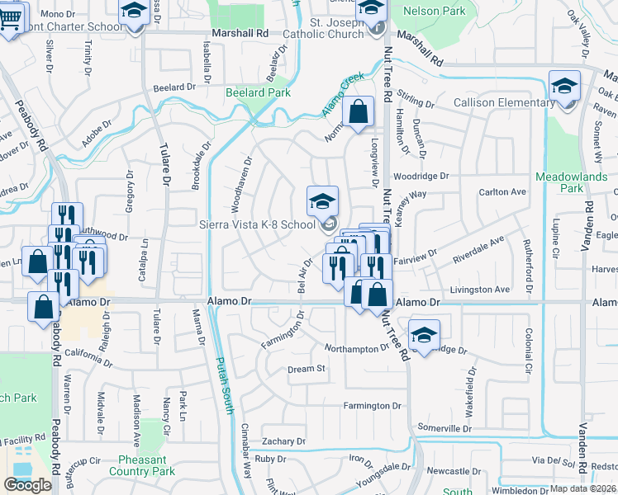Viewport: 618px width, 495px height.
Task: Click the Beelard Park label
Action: pos(258,93)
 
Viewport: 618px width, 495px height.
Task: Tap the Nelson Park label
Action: pos(434,12)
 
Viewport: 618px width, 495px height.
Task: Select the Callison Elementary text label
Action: pos(504,102)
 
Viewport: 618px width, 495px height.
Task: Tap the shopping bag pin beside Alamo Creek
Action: pos(358,113)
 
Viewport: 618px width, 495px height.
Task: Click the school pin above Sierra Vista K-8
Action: pos(322,200)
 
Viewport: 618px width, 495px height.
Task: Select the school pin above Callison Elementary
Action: pos(564,86)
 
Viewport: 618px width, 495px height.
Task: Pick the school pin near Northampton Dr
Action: pos(424,334)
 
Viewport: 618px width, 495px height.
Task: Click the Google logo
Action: pos(27,484)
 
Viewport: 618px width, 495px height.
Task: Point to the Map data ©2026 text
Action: pos(582,488)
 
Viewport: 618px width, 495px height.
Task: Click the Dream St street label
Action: pos(306,369)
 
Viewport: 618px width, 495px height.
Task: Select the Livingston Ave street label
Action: pos(479,290)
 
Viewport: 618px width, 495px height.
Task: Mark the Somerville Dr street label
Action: pos(444,428)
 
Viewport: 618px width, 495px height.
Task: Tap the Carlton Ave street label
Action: pos(502,192)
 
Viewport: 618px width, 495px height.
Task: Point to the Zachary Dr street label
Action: pos(283,442)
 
